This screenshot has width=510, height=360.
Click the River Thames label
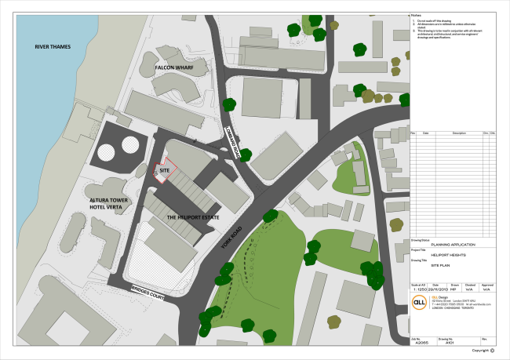pos(53,47)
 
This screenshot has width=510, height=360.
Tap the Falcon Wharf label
pos(174,68)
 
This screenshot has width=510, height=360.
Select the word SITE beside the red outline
pos(165,169)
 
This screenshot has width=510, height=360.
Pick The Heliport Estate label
pos(193,216)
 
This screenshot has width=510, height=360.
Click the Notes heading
pos(416,15)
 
